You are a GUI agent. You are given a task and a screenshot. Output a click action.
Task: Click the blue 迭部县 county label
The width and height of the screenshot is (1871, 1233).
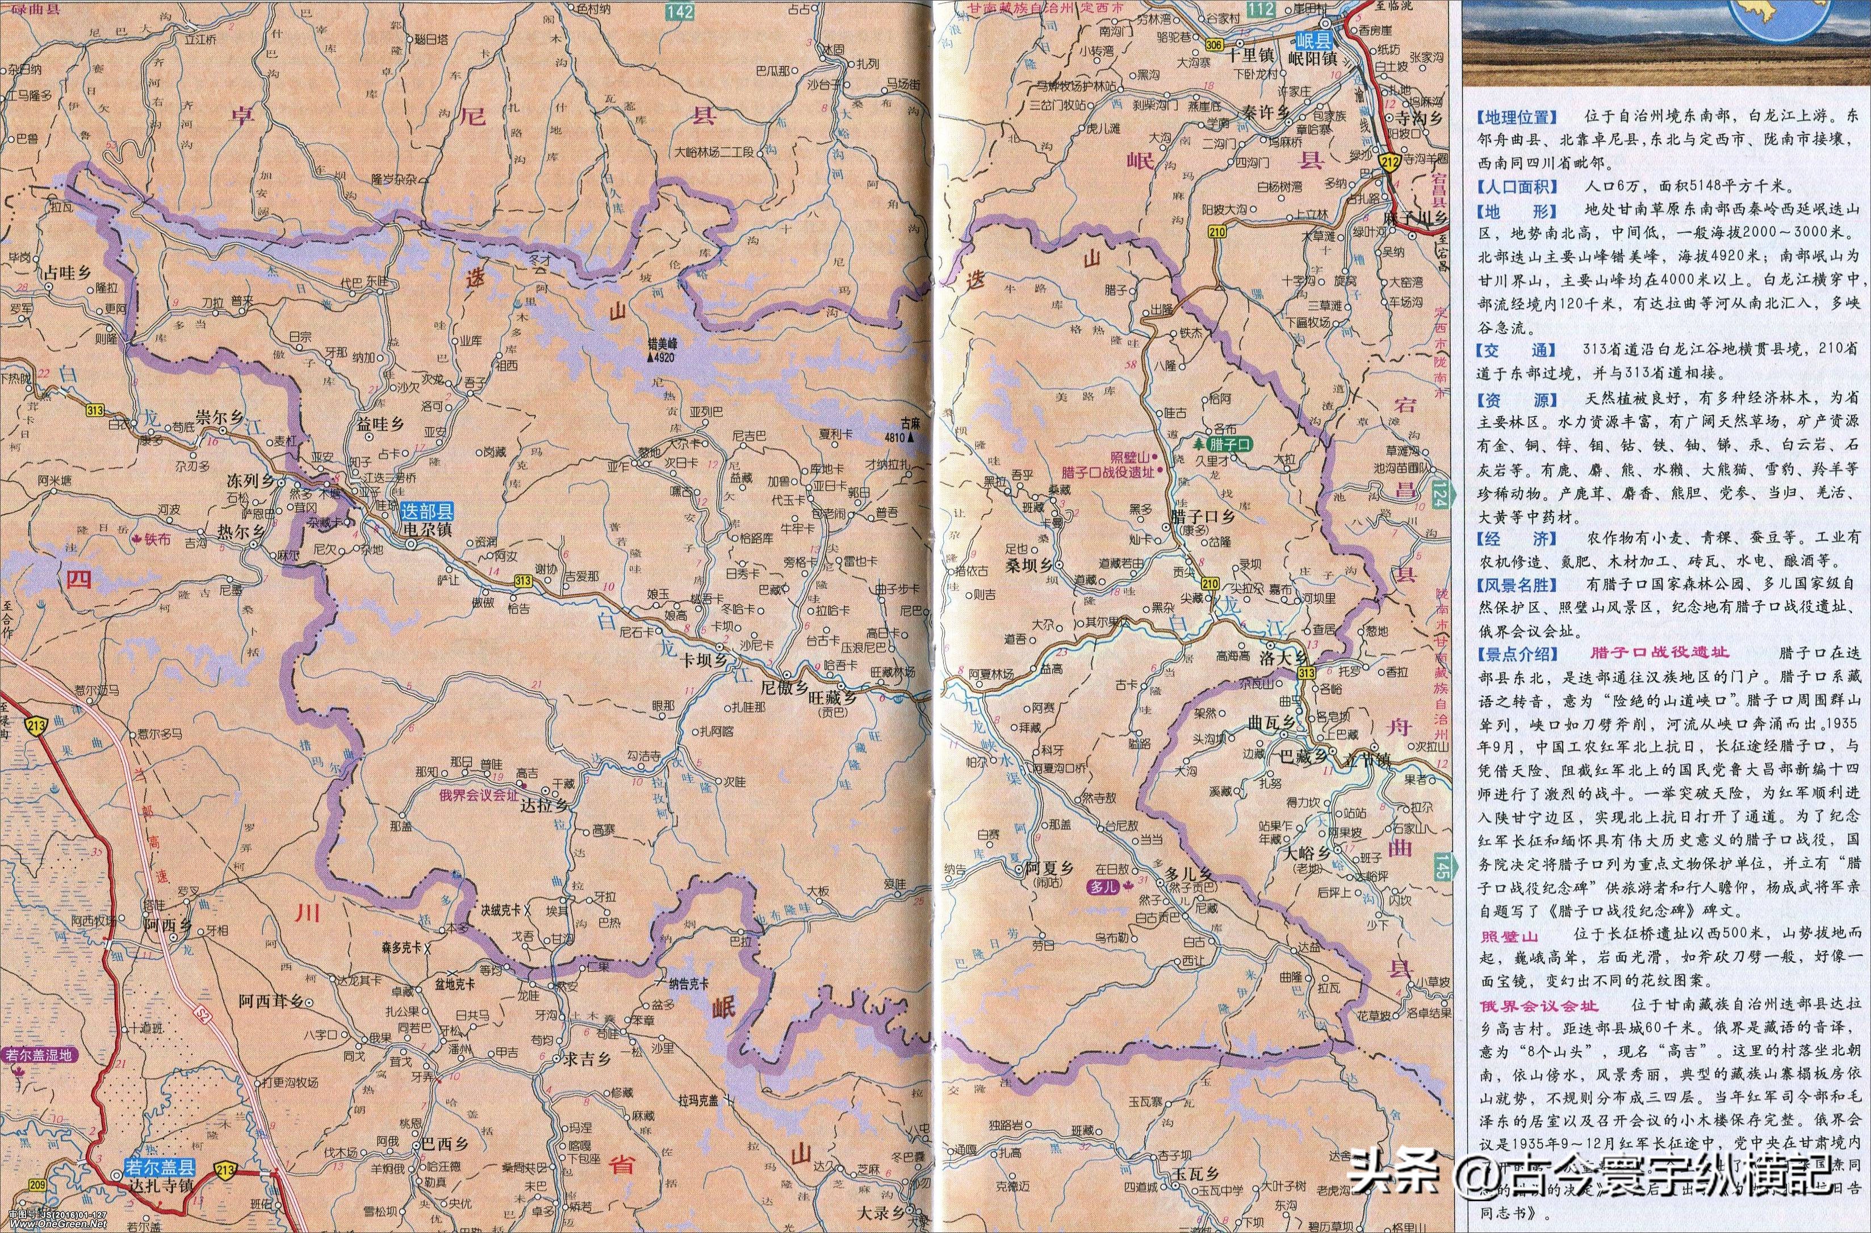tap(426, 508)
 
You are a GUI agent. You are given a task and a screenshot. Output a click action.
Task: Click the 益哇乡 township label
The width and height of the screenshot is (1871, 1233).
tap(380, 425)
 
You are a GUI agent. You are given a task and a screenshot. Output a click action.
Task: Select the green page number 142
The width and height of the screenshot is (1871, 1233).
tap(678, 10)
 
